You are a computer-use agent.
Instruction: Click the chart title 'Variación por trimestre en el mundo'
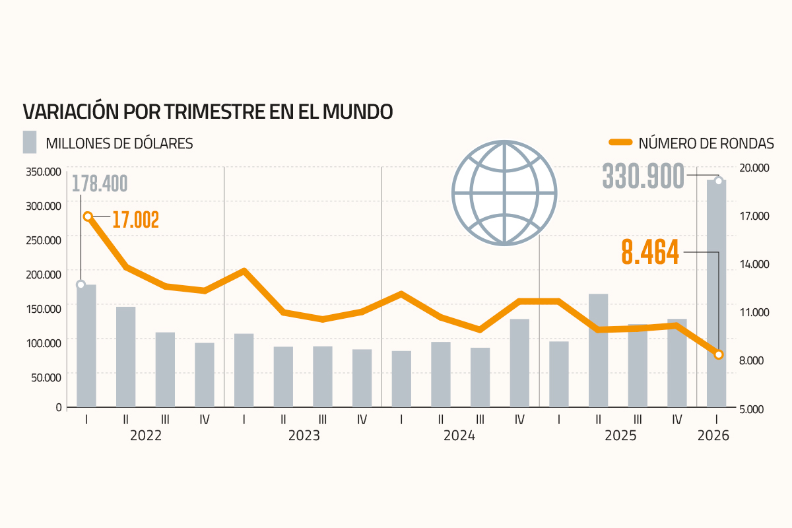pyautogui.click(x=208, y=111)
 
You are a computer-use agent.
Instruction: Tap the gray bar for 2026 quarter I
pyautogui.click(x=716, y=294)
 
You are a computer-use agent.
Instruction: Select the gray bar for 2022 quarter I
pyautogui.click(x=86, y=346)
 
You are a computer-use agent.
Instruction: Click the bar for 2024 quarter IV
pyautogui.click(x=519, y=363)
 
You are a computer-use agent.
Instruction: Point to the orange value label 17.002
pyautogui.click(x=135, y=220)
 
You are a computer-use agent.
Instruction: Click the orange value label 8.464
pyautogui.click(x=650, y=252)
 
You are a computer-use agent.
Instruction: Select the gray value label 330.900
pyautogui.click(x=643, y=176)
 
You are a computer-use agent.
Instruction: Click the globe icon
pyautogui.click(x=504, y=193)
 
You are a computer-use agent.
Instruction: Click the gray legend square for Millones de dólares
pyautogui.click(x=30, y=142)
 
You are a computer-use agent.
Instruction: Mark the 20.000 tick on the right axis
pyautogui.click(x=753, y=168)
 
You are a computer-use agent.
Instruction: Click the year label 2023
pyautogui.click(x=304, y=436)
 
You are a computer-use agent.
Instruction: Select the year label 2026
pyautogui.click(x=713, y=436)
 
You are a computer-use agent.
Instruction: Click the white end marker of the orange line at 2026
pyautogui.click(x=719, y=354)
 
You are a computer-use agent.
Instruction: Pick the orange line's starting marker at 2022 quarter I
pyautogui.click(x=88, y=216)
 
